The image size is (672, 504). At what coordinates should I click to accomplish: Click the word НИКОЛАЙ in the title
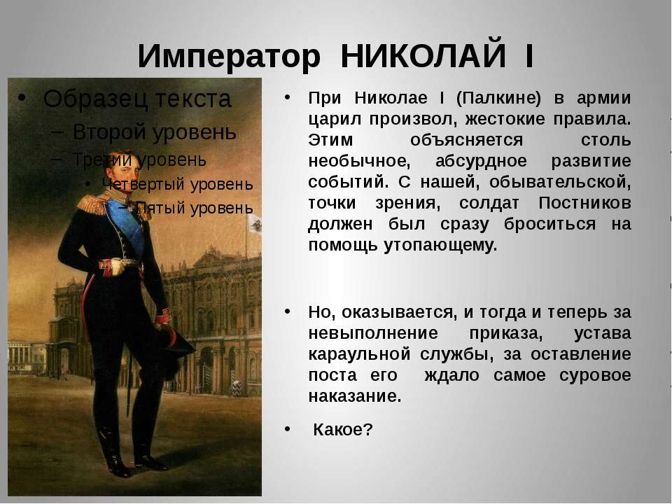(x=423, y=56)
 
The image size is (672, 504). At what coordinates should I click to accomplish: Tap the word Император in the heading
(x=229, y=57)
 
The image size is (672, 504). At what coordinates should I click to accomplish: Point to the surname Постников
(x=584, y=203)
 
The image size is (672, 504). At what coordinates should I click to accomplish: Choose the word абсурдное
(x=481, y=161)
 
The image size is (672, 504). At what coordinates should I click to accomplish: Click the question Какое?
(x=343, y=429)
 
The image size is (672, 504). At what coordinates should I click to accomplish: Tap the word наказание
(x=355, y=396)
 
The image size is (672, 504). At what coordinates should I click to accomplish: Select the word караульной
(x=360, y=355)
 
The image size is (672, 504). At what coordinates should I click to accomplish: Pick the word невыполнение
(x=373, y=333)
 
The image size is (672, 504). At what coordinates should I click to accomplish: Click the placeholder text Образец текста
(x=137, y=99)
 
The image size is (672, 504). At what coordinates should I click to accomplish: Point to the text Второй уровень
(x=154, y=132)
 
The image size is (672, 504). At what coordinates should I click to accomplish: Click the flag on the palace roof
(x=255, y=223)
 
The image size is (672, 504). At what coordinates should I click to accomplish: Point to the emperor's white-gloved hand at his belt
(x=113, y=267)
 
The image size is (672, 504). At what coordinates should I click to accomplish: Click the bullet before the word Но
(x=287, y=311)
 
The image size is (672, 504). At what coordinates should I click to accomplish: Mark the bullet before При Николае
(x=287, y=97)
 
